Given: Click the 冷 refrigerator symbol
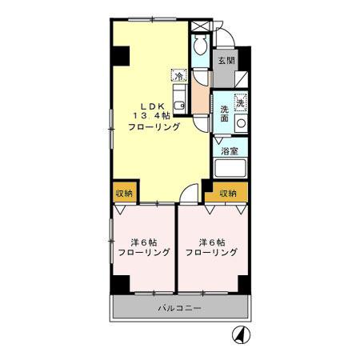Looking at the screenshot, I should coord(180,77).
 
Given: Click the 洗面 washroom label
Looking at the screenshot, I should coord(225,114).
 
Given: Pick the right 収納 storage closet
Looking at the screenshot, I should coord(228,193).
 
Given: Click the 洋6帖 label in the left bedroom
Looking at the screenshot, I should coord(145,242).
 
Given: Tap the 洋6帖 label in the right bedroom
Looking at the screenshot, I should coord(212,242).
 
